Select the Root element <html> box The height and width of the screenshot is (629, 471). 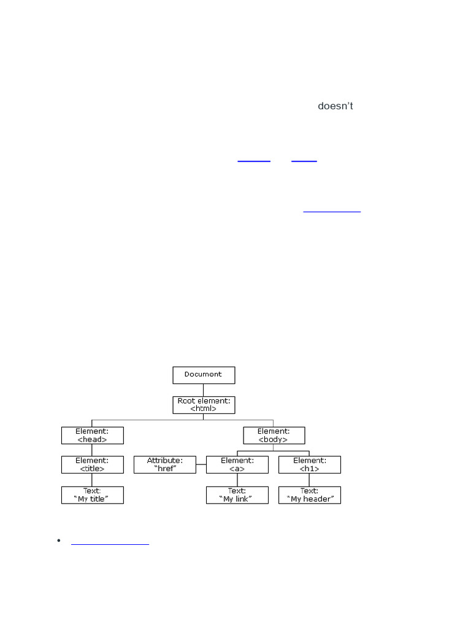pyautogui.click(x=204, y=404)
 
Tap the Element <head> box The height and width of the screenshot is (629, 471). pyautogui.click(x=92, y=436)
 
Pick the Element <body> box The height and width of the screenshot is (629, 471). pyautogui.click(x=274, y=436)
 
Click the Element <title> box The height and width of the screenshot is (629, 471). pyautogui.click(x=92, y=464)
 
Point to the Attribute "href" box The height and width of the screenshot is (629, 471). pyautogui.click(x=164, y=464)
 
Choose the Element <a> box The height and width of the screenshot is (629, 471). pyautogui.click(x=237, y=464)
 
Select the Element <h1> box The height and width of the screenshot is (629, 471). pyautogui.click(x=309, y=464)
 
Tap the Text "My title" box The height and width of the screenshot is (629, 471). pyautogui.click(x=92, y=495)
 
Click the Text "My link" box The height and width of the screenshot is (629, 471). pyautogui.click(x=237, y=495)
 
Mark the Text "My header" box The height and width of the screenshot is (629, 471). pyautogui.click(x=309, y=495)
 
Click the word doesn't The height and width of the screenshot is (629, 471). pyautogui.click(x=335, y=106)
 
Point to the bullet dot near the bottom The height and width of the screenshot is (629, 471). pyautogui.click(x=59, y=541)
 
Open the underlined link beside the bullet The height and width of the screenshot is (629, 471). pyautogui.click(x=110, y=544)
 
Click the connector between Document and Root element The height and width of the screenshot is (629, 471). pyautogui.click(x=204, y=390)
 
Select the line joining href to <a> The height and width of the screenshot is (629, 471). pyautogui.click(x=201, y=465)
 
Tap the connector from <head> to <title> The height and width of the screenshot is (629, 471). pyautogui.click(x=92, y=450)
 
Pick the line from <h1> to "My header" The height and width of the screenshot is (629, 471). pyautogui.click(x=309, y=480)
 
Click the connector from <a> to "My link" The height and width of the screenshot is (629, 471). pyautogui.click(x=237, y=480)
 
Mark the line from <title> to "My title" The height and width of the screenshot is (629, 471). pyautogui.click(x=92, y=480)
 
